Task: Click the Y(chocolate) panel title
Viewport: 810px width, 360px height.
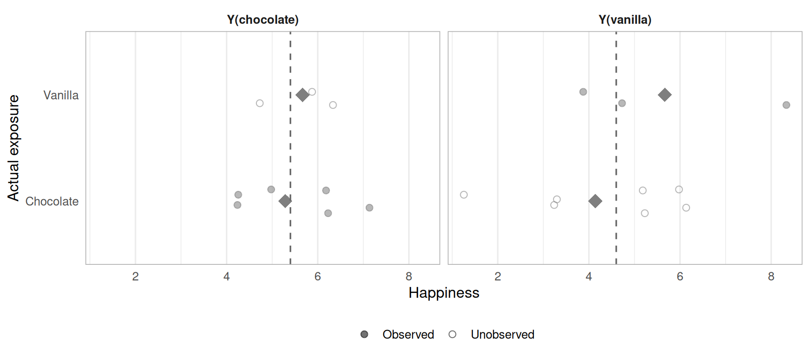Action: (x=262, y=20)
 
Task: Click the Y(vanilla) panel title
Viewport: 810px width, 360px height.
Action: (x=625, y=20)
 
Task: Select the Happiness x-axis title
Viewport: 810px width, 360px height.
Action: (x=443, y=293)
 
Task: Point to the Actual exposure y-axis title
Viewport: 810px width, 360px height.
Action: (x=14, y=148)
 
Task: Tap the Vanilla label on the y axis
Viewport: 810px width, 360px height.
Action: (x=61, y=95)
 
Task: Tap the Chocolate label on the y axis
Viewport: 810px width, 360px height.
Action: (x=52, y=202)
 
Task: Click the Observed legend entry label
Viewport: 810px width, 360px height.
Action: (x=408, y=335)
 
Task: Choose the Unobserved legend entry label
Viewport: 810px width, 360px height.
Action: (x=502, y=335)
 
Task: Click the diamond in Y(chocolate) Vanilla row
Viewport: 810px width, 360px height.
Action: (x=302, y=95)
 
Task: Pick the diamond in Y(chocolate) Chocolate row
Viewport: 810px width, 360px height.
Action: (x=285, y=201)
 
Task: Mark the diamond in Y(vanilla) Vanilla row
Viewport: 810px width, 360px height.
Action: (x=664, y=95)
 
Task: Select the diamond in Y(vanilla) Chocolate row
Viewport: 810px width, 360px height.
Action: (x=595, y=201)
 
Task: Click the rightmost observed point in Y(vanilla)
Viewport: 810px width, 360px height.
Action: (x=786, y=105)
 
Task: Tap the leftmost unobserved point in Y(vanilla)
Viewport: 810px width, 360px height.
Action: (x=464, y=195)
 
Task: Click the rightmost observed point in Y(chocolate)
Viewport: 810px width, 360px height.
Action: (x=369, y=208)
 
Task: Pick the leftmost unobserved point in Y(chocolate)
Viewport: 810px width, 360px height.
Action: (x=260, y=103)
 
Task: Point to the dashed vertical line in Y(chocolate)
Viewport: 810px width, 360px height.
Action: (x=290, y=150)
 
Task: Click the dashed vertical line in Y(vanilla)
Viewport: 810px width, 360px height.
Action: (x=616, y=150)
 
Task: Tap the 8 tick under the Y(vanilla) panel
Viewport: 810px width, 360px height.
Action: (x=771, y=277)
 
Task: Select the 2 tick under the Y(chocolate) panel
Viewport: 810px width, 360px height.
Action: (x=135, y=277)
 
